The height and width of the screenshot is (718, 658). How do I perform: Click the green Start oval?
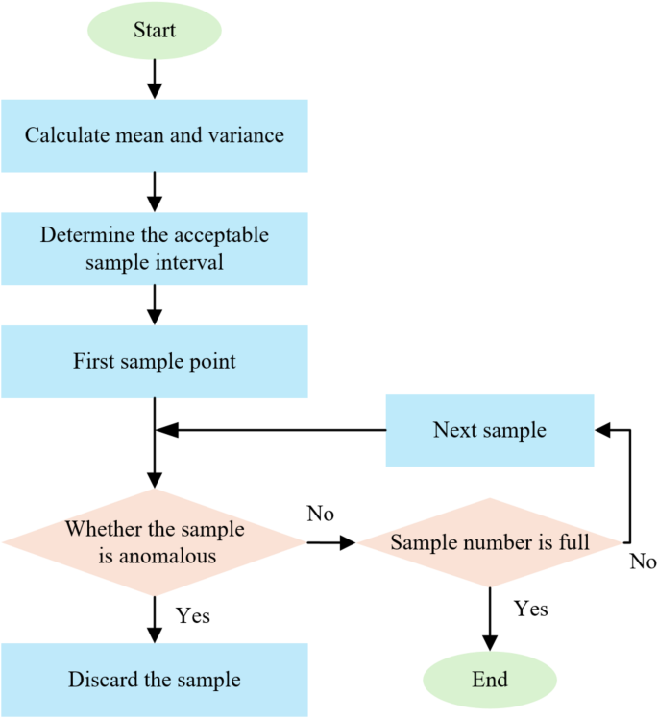point(154,30)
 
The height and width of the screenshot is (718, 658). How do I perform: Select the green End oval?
point(490,680)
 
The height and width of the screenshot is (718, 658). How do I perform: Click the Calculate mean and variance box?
point(154,135)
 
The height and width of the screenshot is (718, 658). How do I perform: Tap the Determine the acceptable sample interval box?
point(154,248)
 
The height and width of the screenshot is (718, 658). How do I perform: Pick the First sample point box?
point(154,362)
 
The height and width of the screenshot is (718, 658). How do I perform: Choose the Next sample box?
point(490,430)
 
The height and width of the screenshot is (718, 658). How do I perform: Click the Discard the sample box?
point(154,680)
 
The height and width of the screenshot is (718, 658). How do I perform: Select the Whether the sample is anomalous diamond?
point(154,542)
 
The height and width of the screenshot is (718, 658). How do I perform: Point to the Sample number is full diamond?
point(490,543)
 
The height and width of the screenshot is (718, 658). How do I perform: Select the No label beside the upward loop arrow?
point(643,562)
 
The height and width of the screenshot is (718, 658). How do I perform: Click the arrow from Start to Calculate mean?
point(154,77)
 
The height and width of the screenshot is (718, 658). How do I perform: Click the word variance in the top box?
point(249,135)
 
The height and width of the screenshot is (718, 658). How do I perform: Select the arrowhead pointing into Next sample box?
point(601,430)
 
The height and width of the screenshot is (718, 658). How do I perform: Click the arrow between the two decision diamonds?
point(331,543)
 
